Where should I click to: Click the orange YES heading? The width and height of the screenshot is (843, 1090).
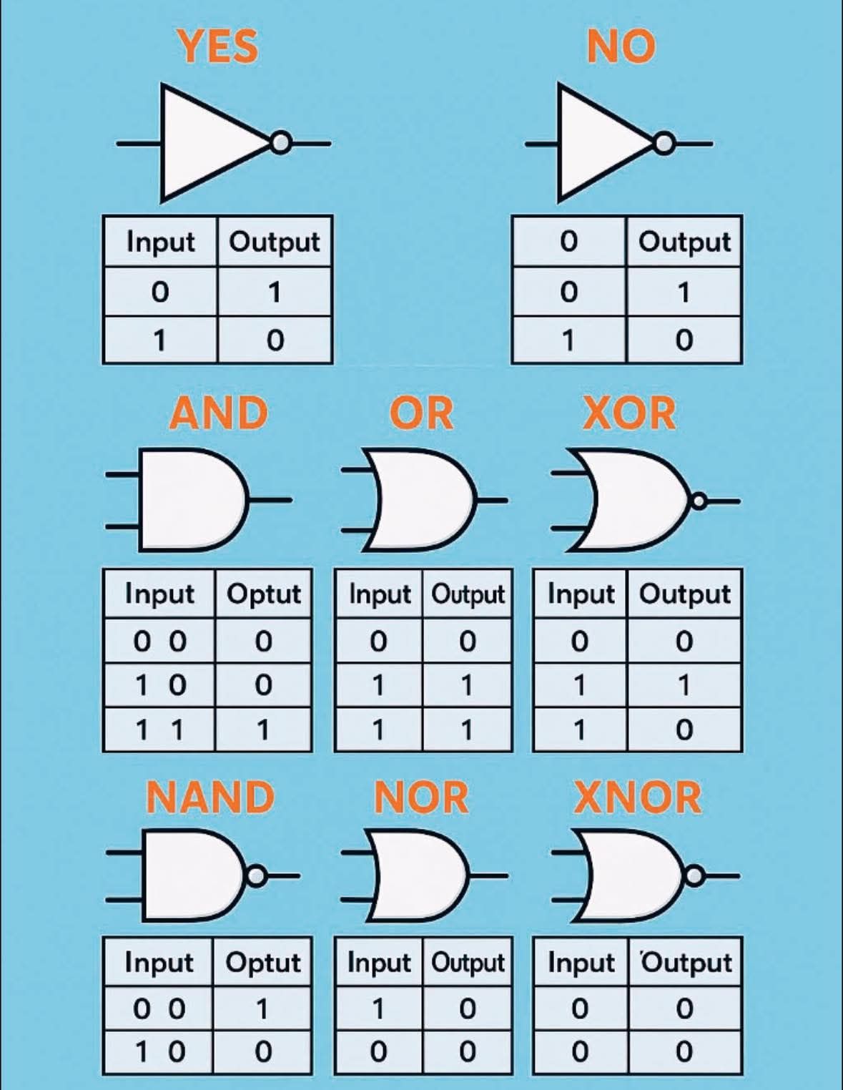tap(218, 46)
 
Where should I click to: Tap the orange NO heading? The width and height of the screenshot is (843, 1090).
tap(621, 46)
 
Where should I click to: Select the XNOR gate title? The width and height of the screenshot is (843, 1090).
tap(637, 798)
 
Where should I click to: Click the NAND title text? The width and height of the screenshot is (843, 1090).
tap(210, 798)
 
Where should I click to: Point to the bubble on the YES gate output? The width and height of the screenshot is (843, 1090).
tap(281, 143)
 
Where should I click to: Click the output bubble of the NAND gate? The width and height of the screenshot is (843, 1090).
tap(256, 876)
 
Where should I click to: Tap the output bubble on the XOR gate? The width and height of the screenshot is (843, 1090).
tap(699, 501)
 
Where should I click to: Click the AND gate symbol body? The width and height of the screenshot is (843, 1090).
tap(194, 500)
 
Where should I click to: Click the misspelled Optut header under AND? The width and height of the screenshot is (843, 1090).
tap(264, 594)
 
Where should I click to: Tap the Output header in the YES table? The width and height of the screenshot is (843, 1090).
tap(275, 242)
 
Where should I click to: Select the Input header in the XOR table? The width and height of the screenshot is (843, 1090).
tap(581, 594)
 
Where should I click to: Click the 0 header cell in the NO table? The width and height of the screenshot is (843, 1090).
tap(568, 241)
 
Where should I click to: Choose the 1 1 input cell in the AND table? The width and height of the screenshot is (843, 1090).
tap(159, 730)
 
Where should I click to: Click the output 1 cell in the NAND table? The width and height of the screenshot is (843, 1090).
tap(262, 1008)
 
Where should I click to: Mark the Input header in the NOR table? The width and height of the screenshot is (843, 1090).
tap(379, 963)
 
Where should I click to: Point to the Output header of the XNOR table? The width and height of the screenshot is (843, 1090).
tap(686, 963)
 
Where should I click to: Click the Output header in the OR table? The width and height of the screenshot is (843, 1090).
tap(468, 594)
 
